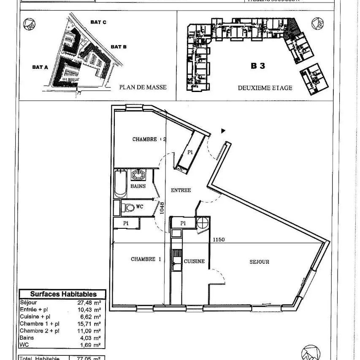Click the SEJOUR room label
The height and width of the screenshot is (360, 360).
(x=259, y=262)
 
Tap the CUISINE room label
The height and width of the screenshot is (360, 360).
(x=194, y=262)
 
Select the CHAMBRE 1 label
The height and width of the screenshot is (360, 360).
(x=146, y=259)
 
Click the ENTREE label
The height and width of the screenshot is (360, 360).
(x=181, y=190)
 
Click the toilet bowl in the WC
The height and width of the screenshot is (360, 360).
(x=129, y=207)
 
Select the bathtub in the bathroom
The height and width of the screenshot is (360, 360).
(x=120, y=184)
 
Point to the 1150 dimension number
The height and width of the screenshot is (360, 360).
(x=219, y=240)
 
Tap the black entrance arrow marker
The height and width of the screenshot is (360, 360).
(x=224, y=131)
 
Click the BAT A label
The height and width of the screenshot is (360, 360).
(x=40, y=67)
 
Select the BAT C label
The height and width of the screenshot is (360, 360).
(x=98, y=22)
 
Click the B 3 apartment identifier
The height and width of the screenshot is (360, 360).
(x=258, y=66)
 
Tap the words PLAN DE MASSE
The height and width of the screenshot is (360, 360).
(x=143, y=87)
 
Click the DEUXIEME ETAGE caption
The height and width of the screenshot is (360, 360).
(x=265, y=88)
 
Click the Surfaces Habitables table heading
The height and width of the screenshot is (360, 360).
(x=63, y=294)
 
